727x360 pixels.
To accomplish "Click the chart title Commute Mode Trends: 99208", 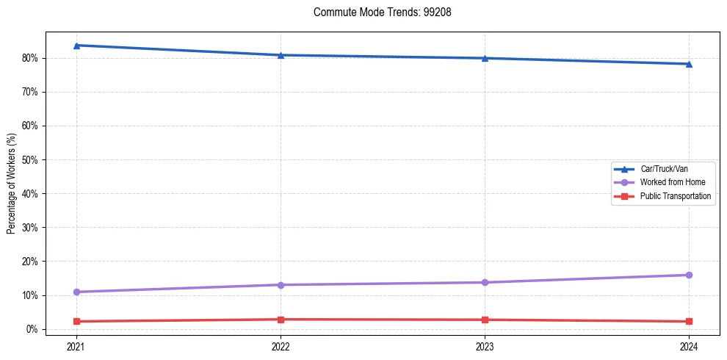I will tap(377, 12).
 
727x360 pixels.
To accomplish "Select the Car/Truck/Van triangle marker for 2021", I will tap(76, 46).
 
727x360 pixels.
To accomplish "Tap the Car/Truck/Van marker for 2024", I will tap(689, 64).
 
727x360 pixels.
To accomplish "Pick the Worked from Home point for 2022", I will tap(281, 285).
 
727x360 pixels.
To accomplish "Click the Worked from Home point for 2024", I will tap(689, 275).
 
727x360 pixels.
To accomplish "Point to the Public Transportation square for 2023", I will tap(485, 320).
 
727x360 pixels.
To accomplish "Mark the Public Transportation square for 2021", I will tap(76, 321).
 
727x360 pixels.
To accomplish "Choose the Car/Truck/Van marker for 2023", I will tap(485, 58).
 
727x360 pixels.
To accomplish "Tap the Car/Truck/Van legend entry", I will tap(663, 169).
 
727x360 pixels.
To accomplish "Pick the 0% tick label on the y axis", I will tap(31, 329).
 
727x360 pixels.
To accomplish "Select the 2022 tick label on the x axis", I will tap(281, 345).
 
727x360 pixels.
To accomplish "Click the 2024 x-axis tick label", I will tap(689, 345).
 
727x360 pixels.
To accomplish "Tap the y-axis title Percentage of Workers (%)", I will tap(12, 184).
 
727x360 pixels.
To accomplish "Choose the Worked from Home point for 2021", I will tap(76, 292).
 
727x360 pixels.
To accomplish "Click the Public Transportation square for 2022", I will tap(281, 320).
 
